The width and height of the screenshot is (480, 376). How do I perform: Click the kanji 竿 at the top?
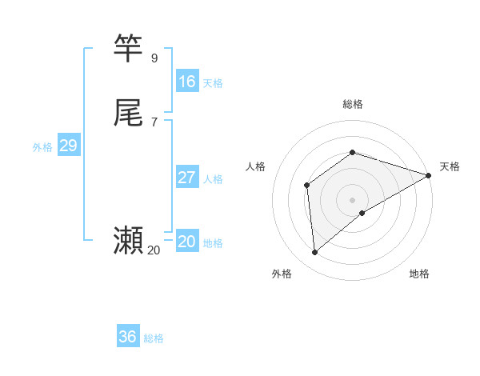click(x=129, y=49)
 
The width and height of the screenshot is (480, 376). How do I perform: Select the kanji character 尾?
click(x=129, y=113)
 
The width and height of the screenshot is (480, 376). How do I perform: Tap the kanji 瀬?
click(x=129, y=240)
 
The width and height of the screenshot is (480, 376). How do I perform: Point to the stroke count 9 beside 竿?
click(x=154, y=58)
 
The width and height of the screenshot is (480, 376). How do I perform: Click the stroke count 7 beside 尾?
click(x=154, y=122)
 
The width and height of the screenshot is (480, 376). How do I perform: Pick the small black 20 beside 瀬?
click(x=154, y=250)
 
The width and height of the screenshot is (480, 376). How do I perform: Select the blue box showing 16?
click(x=187, y=82)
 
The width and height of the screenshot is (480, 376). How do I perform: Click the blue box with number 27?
click(x=187, y=178)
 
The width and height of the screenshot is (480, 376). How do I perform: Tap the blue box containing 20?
click(x=187, y=242)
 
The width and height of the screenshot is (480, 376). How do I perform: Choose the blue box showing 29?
click(x=68, y=146)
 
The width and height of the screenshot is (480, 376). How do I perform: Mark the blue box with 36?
click(x=128, y=337)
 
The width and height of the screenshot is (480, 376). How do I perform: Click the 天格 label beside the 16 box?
click(x=213, y=83)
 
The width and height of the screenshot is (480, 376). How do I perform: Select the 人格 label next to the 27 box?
click(x=213, y=179)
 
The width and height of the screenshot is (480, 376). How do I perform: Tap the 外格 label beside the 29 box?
click(x=42, y=147)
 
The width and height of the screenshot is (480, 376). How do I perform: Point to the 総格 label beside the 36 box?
click(x=154, y=338)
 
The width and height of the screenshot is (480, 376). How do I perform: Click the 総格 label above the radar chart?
click(x=353, y=104)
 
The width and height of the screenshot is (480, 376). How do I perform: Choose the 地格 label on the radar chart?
click(x=419, y=274)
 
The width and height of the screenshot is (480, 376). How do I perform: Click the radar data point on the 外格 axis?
click(x=315, y=253)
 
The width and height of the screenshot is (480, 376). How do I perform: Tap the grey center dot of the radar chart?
click(x=353, y=199)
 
